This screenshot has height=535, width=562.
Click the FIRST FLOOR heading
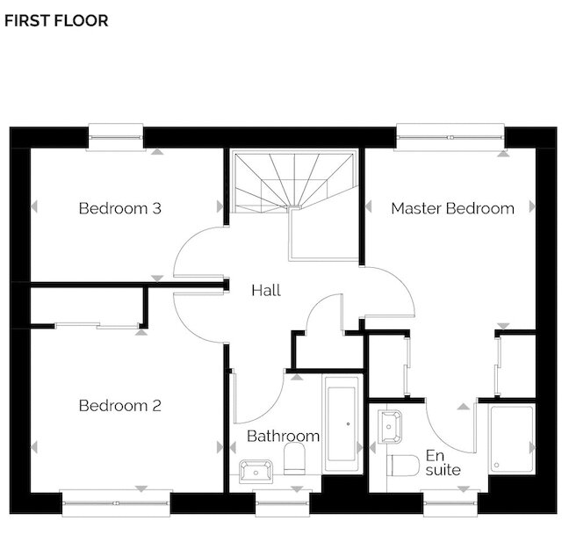tap(56, 20)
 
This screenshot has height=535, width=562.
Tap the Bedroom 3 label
tap(120, 208)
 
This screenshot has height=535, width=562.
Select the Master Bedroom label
tap(453, 208)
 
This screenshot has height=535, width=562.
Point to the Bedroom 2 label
tap(120, 406)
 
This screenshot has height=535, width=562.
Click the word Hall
tap(266, 290)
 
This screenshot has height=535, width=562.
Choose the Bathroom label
tap(283, 436)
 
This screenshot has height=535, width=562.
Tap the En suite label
tap(443, 463)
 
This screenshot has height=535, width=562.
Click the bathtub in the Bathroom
tap(342, 423)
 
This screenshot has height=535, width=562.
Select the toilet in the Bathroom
tap(294, 459)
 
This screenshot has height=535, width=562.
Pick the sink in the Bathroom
tap(256, 472)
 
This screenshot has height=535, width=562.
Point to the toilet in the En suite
tap(403, 466)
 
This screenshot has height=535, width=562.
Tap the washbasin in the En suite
tap(390, 427)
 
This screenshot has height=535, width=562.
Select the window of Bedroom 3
tap(116, 137)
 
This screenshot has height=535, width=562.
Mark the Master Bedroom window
tap(450, 137)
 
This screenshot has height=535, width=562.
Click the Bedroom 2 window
tap(116, 503)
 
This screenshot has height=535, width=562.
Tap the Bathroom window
tap(282, 503)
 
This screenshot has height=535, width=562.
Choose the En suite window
tap(450, 503)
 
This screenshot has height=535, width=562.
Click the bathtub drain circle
tap(348, 424)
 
